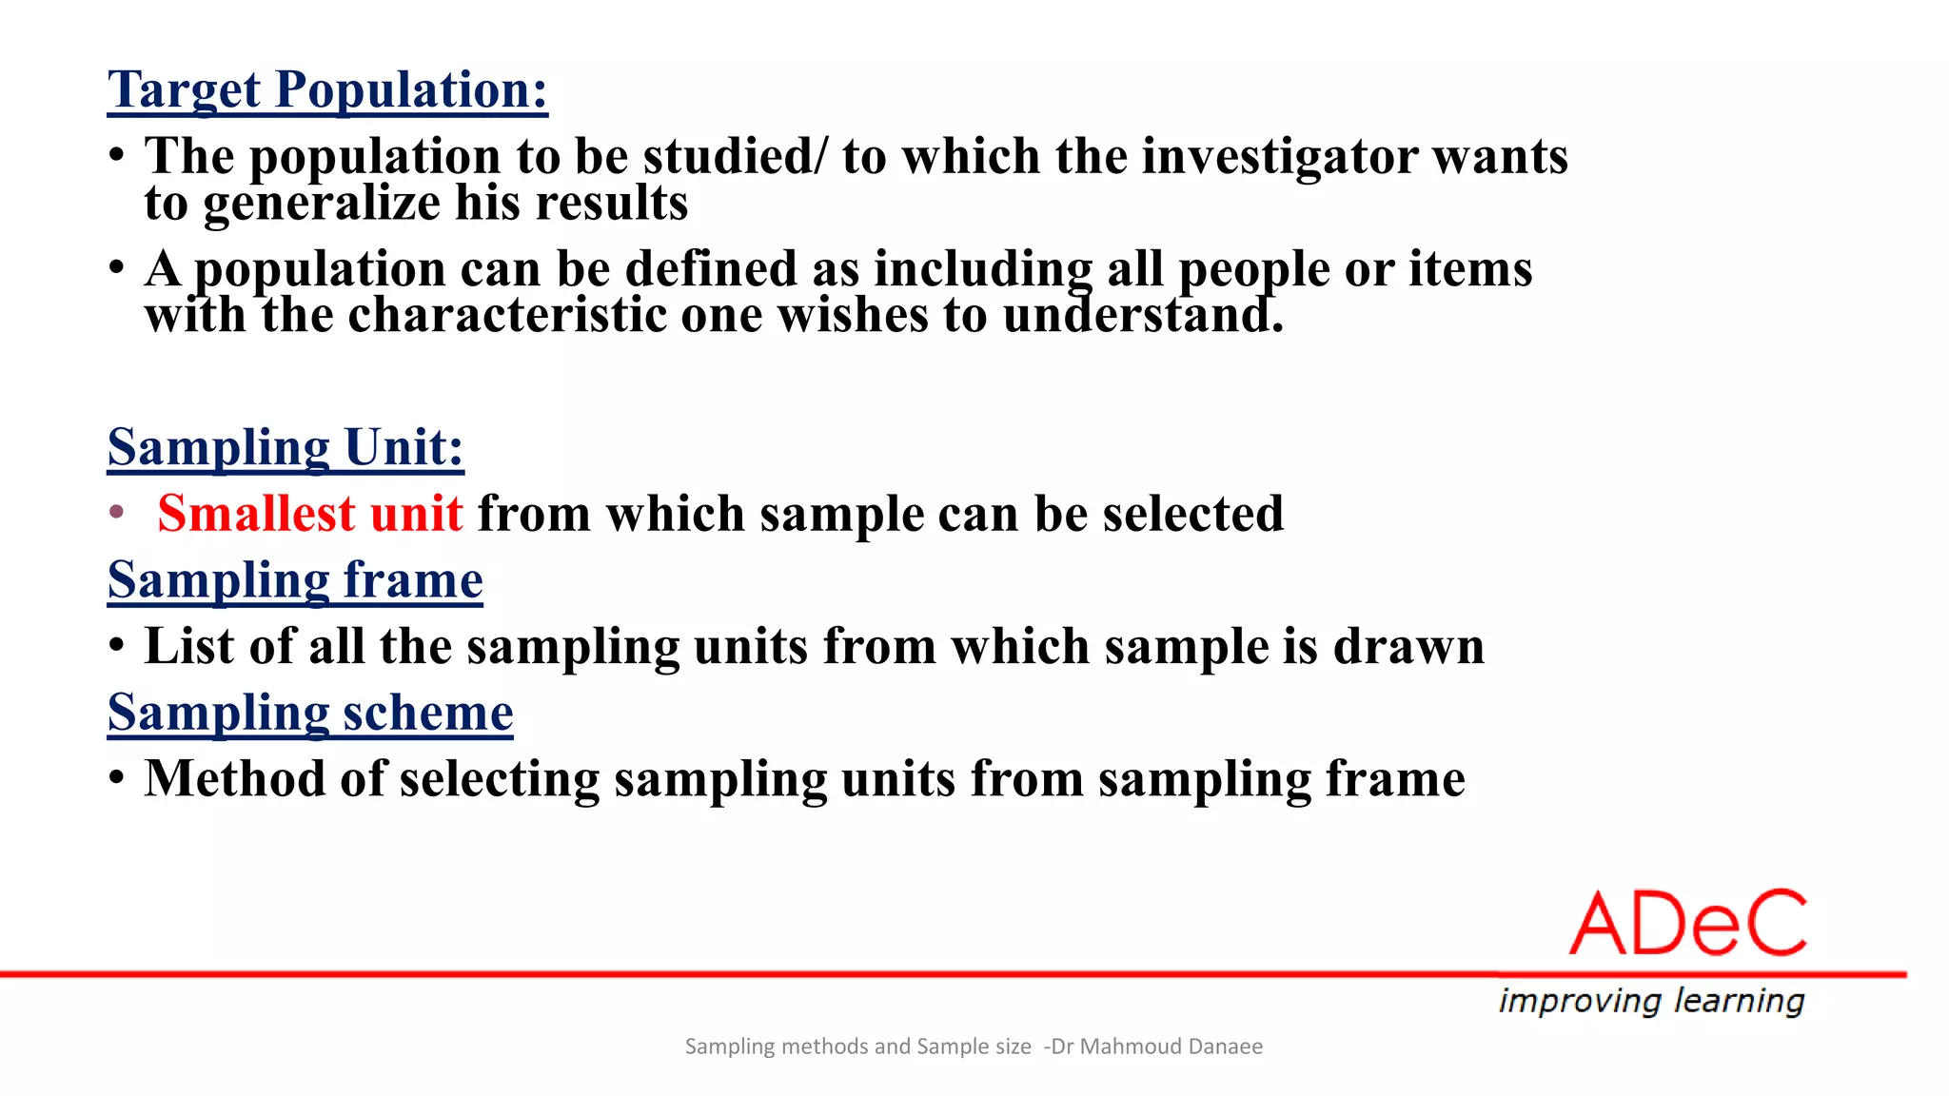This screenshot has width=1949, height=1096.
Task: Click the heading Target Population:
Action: point(327,90)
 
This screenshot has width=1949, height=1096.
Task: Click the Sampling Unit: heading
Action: point(285,447)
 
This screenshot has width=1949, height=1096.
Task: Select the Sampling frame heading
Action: point(295,580)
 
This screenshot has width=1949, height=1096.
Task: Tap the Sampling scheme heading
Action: point(310,713)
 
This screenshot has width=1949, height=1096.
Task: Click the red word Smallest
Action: point(256,514)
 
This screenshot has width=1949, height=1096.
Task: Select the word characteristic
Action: point(507,315)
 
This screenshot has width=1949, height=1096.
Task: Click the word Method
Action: point(235,778)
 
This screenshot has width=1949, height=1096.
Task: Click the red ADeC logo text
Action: point(1687,924)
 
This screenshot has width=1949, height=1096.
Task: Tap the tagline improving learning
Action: point(1651,1001)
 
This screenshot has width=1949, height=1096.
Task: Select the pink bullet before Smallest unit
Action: point(117,513)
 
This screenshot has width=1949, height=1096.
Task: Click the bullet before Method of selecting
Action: point(117,778)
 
